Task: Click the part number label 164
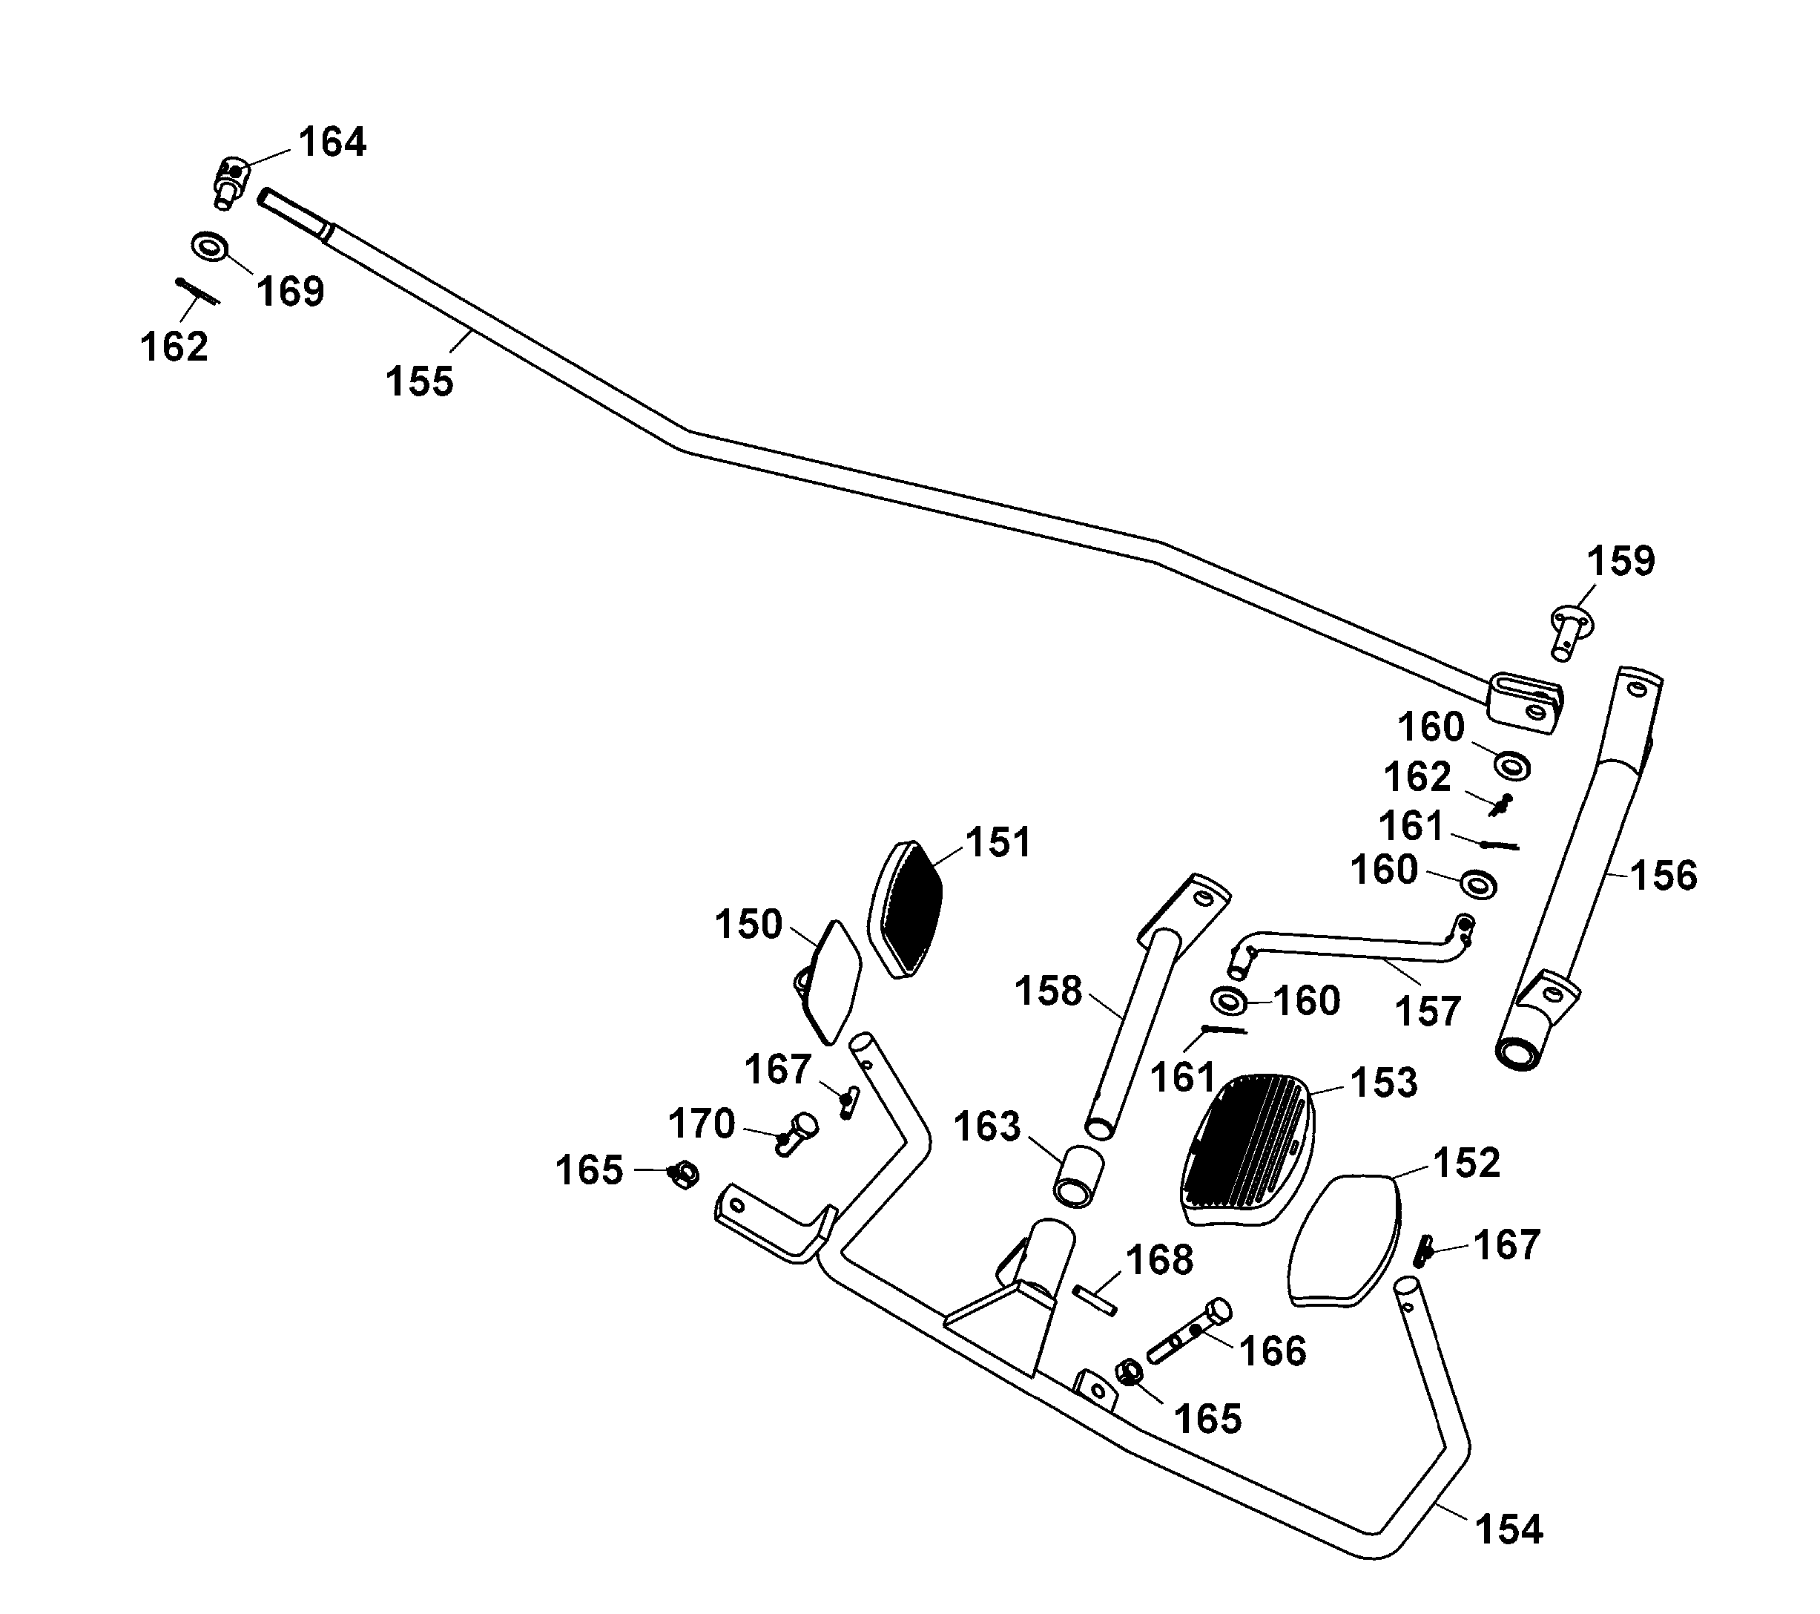332,142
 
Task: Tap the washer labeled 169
210,246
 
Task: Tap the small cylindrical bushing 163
1078,1175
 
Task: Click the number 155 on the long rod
419,382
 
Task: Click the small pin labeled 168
1095,1299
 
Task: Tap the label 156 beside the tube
1664,876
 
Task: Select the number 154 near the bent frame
1509,1529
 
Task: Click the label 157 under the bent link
1428,1012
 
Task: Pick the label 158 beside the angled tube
1048,991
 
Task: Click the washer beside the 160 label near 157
1230,1000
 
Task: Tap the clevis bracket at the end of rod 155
1524,704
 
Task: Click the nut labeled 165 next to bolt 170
684,1175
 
